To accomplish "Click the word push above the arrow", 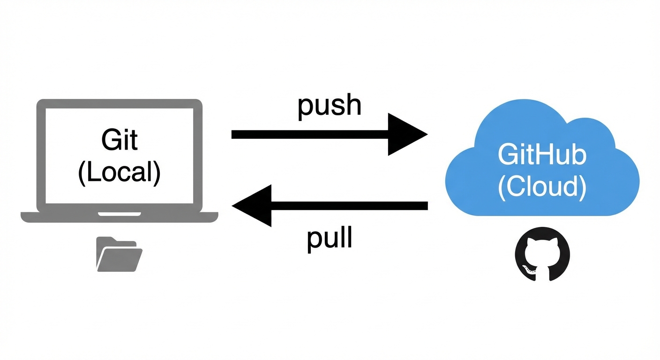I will [x=330, y=105].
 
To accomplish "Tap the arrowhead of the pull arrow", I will [x=253, y=206].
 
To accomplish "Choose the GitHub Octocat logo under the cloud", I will [x=542, y=255].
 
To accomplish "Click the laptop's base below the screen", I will [x=56, y=217].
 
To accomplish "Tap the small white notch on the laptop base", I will [x=119, y=214].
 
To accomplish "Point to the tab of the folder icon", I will [x=105, y=240].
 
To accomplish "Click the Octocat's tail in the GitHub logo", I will [x=528, y=269].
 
